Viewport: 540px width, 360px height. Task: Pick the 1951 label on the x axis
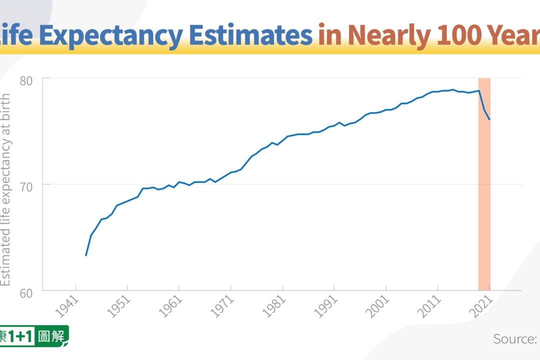119,306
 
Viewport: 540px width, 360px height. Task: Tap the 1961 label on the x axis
170,306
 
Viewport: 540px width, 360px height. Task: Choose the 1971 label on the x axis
222,306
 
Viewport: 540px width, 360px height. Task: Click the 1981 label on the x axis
274,306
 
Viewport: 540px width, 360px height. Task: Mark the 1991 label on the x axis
326,306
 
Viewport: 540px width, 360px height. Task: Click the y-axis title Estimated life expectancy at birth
5,190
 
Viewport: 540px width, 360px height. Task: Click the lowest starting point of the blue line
86,255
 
